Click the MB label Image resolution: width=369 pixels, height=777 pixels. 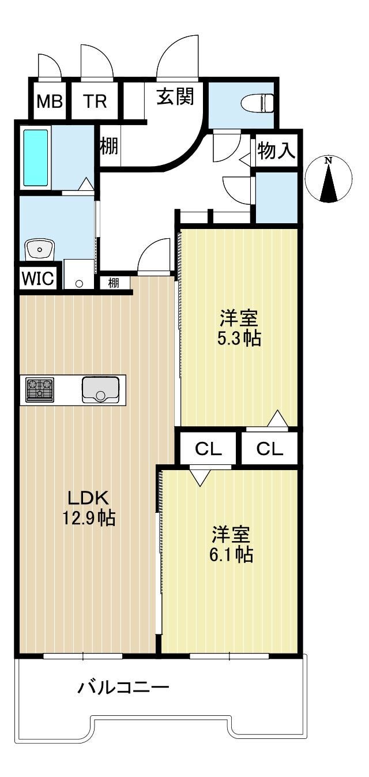click(50, 102)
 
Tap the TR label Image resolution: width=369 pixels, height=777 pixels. click(95, 102)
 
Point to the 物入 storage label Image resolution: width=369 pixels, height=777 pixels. click(276, 151)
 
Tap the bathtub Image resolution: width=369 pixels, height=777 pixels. click(35, 158)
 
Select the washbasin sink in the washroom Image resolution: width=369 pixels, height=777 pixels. click(40, 249)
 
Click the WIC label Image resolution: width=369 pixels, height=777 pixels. click(38, 278)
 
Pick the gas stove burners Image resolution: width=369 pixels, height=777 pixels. click(40, 390)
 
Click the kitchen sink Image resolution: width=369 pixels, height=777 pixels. click(100, 390)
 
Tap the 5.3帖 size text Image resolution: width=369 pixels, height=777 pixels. click(239, 339)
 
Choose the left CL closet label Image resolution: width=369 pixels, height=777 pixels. click(208, 449)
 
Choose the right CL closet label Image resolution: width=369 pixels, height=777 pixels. click(270, 449)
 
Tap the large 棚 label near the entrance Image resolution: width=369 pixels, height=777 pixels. click(109, 146)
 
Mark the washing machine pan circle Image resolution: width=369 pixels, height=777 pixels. click(80, 283)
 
